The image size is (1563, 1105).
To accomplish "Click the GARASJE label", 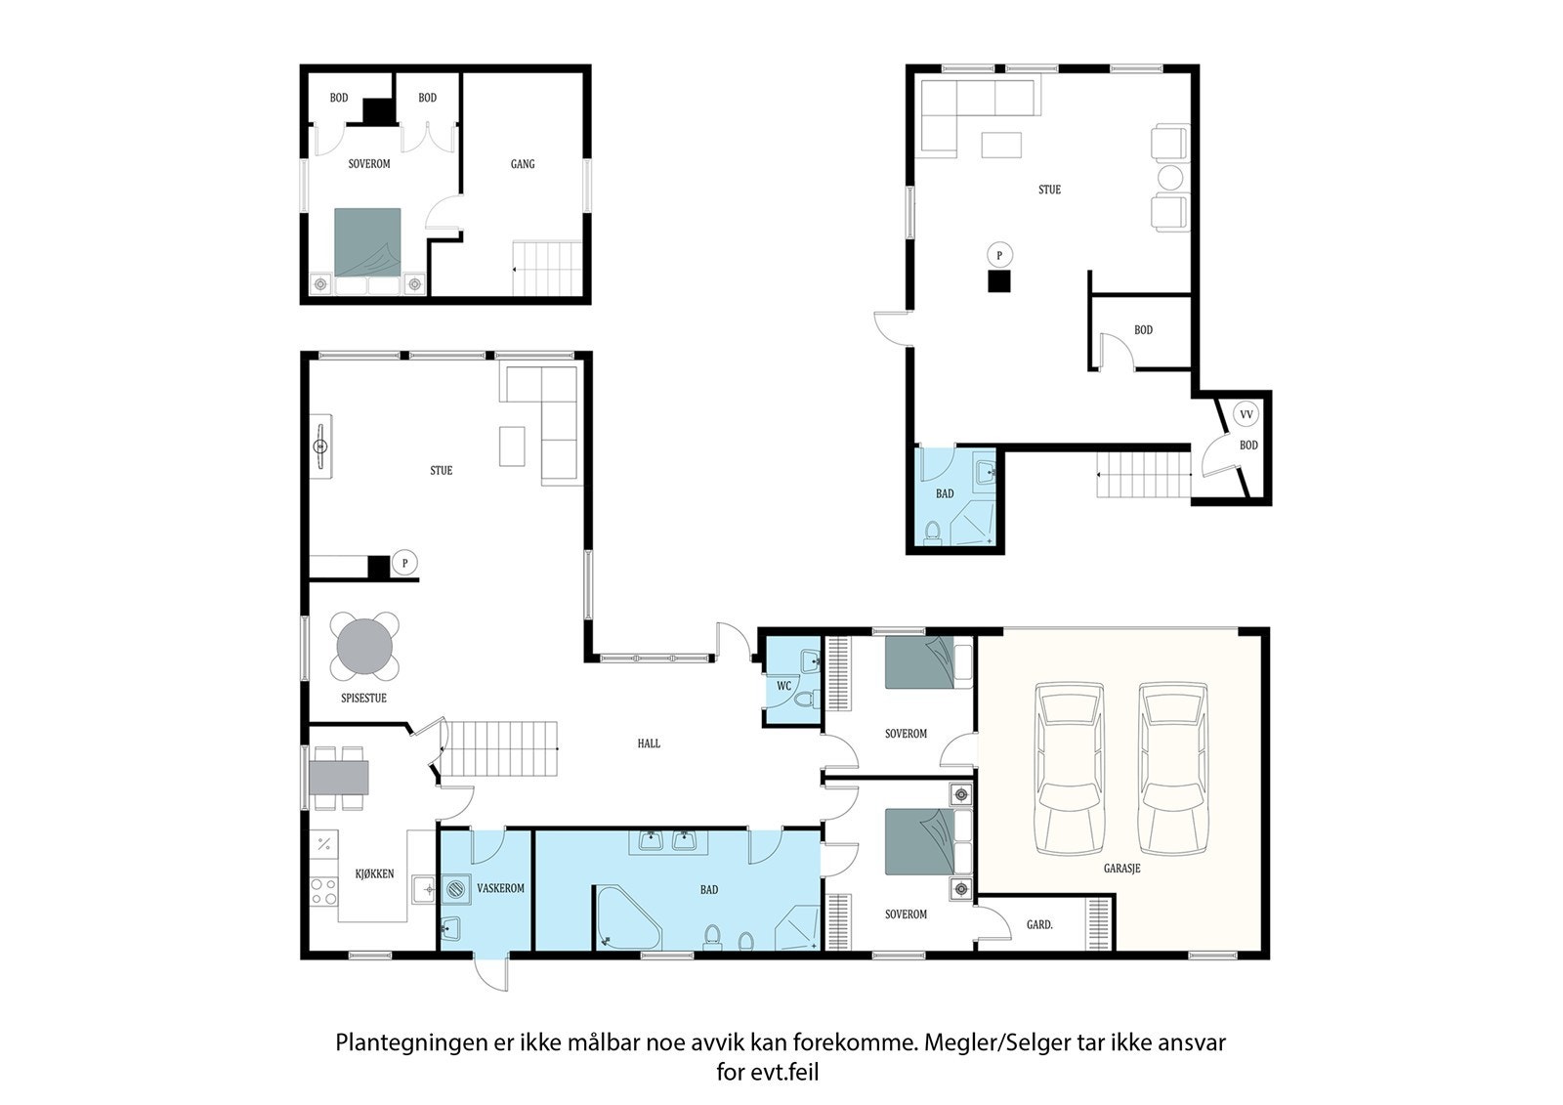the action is coord(1121,869).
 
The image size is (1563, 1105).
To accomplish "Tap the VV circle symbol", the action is coord(1246,414).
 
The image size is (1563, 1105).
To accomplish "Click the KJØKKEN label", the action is coord(375,874).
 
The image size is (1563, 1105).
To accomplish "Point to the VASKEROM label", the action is coord(500,889).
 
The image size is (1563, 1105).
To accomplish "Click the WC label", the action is coord(784,686).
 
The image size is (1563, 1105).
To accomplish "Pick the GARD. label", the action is coord(1039,925).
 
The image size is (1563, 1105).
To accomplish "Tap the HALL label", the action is coord(649,744).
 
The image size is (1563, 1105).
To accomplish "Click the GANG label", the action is coord(523,164).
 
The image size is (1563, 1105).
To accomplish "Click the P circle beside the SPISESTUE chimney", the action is coord(404,563).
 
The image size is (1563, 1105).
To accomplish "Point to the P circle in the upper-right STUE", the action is coord(999,255).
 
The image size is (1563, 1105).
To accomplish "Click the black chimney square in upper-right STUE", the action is coord(999,280).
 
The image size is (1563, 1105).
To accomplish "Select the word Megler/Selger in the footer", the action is coord(997,1042).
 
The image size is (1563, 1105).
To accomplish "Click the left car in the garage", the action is coord(1070,768).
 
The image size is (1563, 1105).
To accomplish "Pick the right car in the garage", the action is coord(1173,768).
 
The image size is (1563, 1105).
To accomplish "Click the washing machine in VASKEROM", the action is coord(455,890).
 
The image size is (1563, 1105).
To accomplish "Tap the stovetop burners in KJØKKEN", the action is coord(323,892).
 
